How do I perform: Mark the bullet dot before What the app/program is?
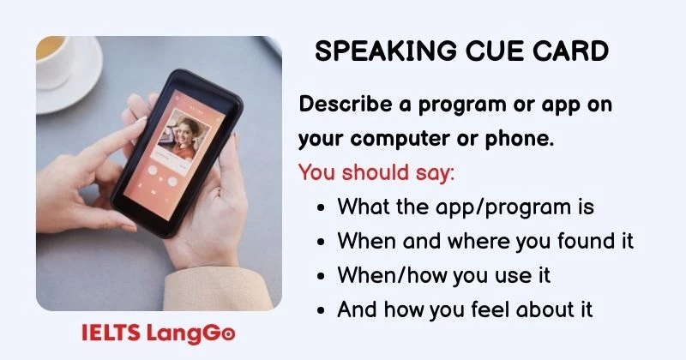(321, 207)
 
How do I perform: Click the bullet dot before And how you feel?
(321, 309)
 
